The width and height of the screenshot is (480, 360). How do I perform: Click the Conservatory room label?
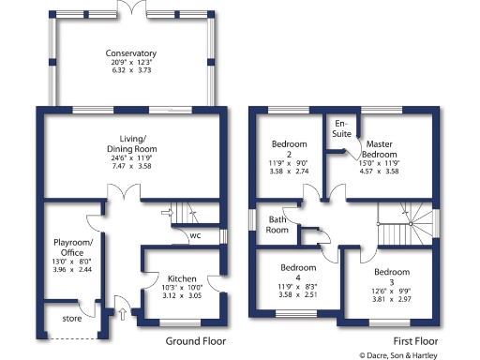click(130, 53)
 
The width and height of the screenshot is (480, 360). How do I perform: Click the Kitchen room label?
click(181, 280)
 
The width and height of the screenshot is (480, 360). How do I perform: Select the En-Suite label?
click(341, 130)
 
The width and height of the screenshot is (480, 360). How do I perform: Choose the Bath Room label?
click(277, 224)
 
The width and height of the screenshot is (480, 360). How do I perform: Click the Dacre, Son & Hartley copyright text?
click(417, 354)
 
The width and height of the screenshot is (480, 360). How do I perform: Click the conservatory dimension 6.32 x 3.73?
click(130, 71)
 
